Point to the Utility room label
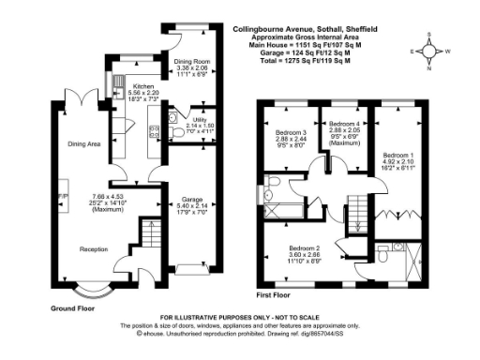coord(200,120)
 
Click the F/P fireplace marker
coord(63,196)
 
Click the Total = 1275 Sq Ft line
coord(299,59)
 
